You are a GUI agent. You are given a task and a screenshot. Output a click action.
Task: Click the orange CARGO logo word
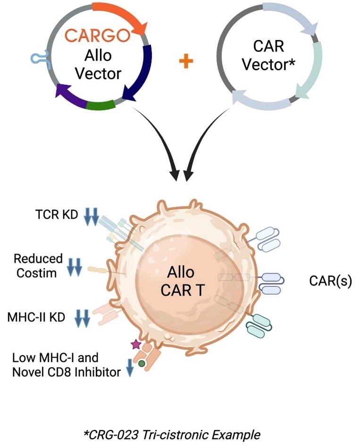coord(97,36)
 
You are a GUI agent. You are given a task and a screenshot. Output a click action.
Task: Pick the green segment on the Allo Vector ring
coord(101,104)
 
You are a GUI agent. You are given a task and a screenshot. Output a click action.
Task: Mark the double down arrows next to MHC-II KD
coord(83,318)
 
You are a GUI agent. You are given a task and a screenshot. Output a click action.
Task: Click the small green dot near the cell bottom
coord(142,363)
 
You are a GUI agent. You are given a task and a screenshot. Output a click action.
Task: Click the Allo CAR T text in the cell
coord(182,281)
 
